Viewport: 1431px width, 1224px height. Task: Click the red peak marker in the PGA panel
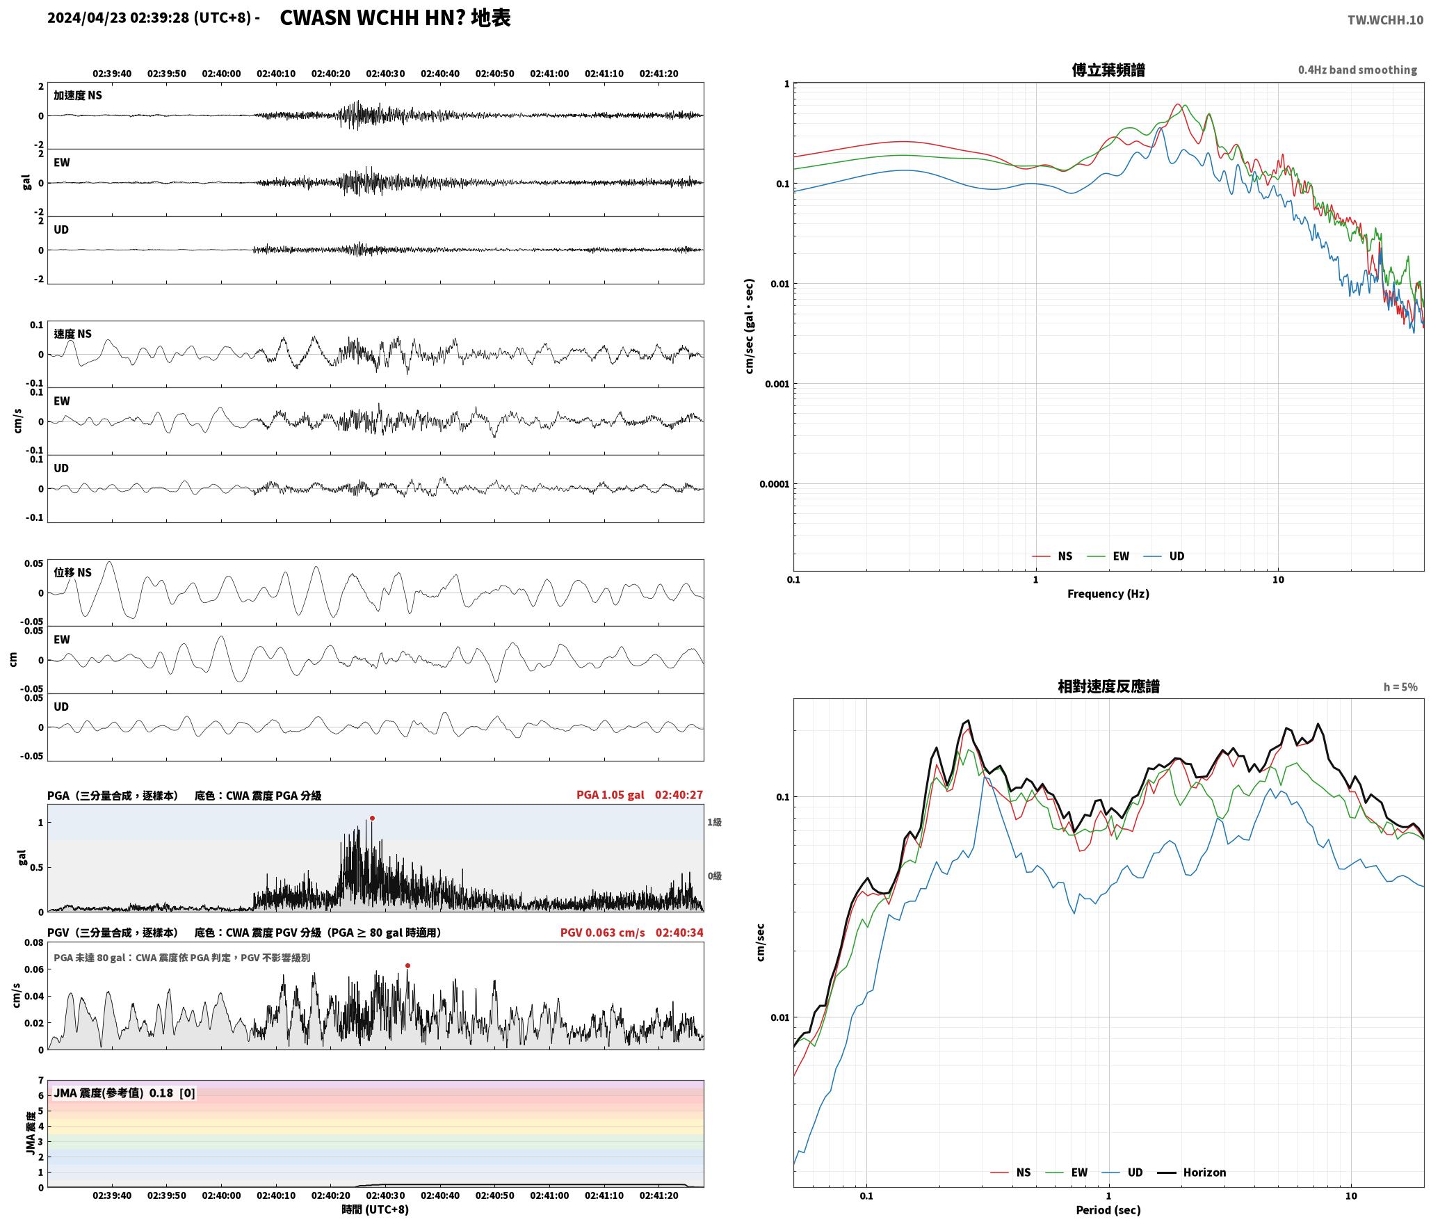pos(372,818)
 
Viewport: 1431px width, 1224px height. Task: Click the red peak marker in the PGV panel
pos(407,965)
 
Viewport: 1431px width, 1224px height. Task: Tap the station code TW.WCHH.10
pos(1385,20)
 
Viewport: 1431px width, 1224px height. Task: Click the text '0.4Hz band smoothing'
pos(1357,70)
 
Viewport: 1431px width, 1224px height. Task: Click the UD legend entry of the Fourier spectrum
pos(1164,556)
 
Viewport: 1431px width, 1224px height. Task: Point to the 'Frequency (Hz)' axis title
pos(1108,593)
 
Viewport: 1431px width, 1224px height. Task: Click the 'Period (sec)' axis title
pos(1108,1209)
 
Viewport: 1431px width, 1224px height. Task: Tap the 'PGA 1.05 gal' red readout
pos(611,794)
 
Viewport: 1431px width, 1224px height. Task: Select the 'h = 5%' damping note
pos(1400,686)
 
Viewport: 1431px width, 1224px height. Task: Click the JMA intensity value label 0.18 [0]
pos(172,1093)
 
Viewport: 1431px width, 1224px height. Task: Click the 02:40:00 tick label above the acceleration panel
pos(221,73)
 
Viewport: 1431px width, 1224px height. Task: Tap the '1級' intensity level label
pos(715,822)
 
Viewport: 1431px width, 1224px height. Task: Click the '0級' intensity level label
pos(715,876)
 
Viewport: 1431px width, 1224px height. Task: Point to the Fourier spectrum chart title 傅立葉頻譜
pos(1108,70)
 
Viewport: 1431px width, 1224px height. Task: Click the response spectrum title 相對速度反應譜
pos(1108,686)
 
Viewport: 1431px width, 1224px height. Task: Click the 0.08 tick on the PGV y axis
pos(34,942)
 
